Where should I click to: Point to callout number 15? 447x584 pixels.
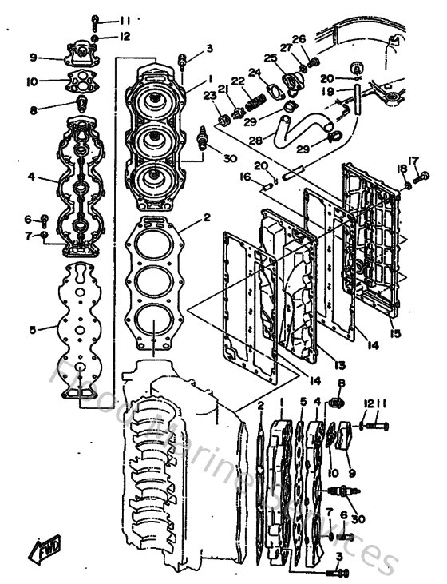click(x=395, y=332)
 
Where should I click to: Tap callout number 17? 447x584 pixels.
click(x=413, y=160)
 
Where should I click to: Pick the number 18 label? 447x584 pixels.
click(x=402, y=169)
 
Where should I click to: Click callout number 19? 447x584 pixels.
click(x=328, y=92)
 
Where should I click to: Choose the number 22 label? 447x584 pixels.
click(x=238, y=81)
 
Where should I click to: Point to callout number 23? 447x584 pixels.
click(x=209, y=95)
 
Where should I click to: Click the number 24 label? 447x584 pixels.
click(x=255, y=72)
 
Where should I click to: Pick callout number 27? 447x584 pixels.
click(x=285, y=47)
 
